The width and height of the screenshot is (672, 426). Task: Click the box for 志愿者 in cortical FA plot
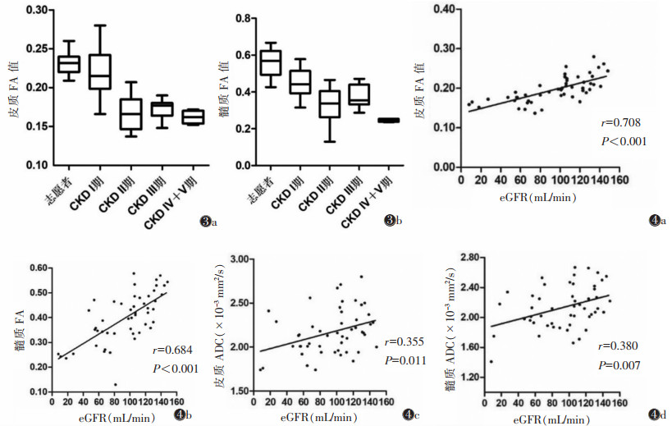[68, 63]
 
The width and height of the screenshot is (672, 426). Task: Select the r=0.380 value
[618, 346]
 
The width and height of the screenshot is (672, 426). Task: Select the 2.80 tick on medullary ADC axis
[467, 258]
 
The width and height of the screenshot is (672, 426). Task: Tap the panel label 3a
[207, 222]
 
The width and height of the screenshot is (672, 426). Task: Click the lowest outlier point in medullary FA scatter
[116, 384]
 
